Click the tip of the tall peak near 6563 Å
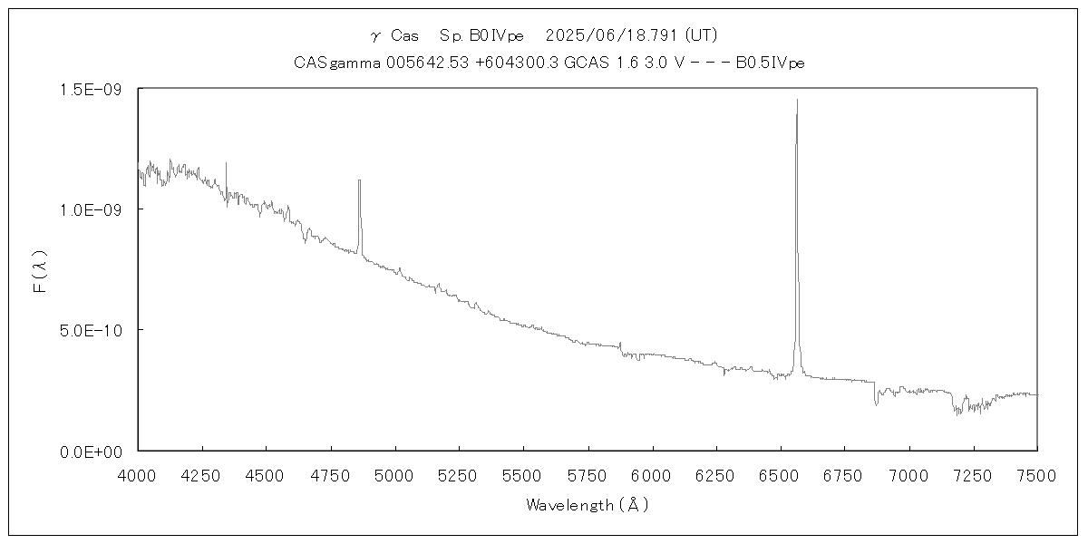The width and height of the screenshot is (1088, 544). [x=797, y=100]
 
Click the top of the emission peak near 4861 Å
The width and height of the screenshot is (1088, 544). [x=359, y=180]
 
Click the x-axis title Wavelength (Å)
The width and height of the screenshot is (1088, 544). [x=588, y=506]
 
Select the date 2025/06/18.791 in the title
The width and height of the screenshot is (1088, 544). [x=612, y=36]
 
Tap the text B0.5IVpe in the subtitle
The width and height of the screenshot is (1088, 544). [x=770, y=63]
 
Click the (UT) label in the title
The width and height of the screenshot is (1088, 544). [x=701, y=36]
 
